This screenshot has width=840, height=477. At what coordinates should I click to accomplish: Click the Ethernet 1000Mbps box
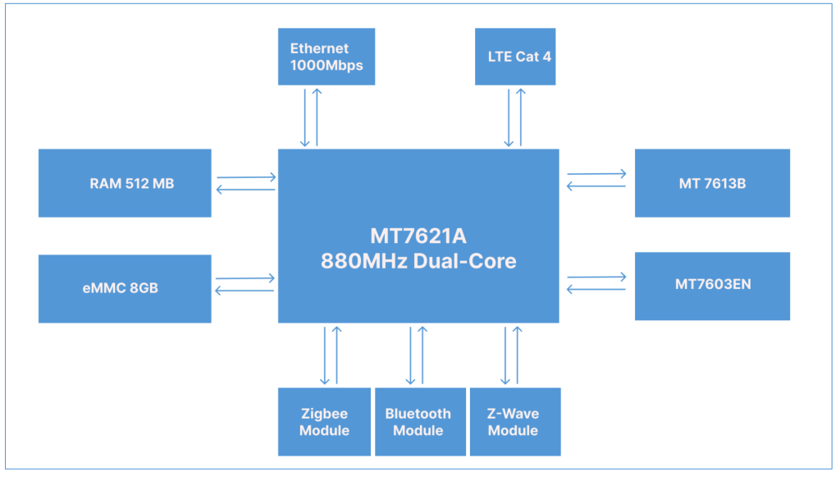(x=326, y=57)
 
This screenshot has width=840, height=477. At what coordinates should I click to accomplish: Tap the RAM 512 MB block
(x=125, y=183)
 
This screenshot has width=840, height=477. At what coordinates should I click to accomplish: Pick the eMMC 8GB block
(x=125, y=288)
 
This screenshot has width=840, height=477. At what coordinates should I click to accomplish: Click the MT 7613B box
(x=712, y=183)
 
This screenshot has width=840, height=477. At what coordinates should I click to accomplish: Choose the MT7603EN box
(x=712, y=286)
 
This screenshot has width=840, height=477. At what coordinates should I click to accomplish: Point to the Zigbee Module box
(x=324, y=422)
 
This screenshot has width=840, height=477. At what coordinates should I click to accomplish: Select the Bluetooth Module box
(x=418, y=422)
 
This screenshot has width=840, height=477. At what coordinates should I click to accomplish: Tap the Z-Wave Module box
(x=514, y=422)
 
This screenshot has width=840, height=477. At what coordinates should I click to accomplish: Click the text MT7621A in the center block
(x=418, y=236)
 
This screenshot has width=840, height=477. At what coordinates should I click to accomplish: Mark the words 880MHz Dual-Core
(x=418, y=262)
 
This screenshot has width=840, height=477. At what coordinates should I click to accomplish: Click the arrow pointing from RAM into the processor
(x=246, y=177)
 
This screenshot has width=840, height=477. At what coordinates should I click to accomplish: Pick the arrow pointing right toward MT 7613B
(x=596, y=174)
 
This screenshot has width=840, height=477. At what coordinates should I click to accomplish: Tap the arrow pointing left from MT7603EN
(x=596, y=289)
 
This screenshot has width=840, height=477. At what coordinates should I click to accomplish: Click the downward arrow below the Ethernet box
(x=305, y=116)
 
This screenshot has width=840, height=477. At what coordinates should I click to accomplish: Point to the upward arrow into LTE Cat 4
(x=520, y=116)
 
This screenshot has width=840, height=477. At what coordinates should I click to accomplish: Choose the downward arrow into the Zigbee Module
(x=326, y=355)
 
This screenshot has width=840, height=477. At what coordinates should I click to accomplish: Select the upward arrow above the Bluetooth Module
(x=422, y=355)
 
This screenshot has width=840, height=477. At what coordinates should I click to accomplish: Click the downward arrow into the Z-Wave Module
(x=505, y=355)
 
